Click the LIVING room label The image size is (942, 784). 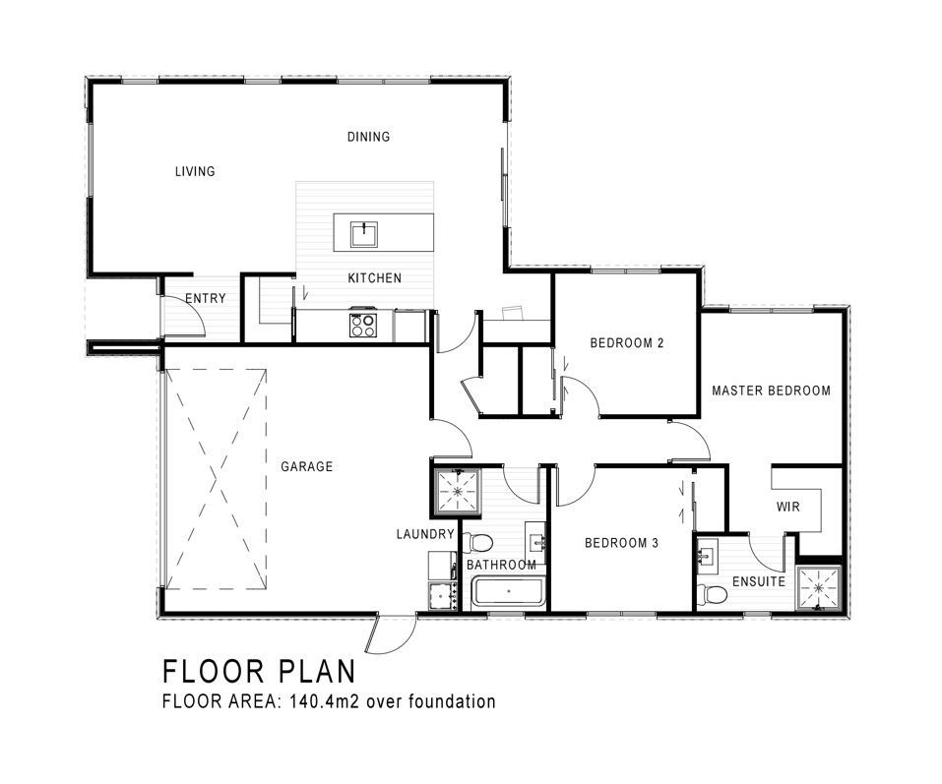tap(195, 172)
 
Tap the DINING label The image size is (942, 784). tap(368, 137)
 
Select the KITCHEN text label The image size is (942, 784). tap(375, 278)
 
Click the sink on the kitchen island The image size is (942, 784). tap(364, 234)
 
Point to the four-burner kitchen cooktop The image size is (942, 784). tap(363, 325)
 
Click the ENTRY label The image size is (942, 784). tap(206, 298)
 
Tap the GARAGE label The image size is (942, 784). tap(306, 466)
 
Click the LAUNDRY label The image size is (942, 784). tap(425, 534)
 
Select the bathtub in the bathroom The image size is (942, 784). tap(508, 592)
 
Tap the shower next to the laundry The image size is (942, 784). tap(457, 491)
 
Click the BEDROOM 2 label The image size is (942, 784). tap(627, 343)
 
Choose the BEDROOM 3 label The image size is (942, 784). tap(621, 543)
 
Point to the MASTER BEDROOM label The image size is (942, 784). tap(771, 391)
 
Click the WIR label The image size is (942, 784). tap(788, 507)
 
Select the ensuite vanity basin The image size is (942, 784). tap(707, 553)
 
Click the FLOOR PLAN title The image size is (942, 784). tap(259, 671)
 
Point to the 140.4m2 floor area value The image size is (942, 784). tap(325, 701)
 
